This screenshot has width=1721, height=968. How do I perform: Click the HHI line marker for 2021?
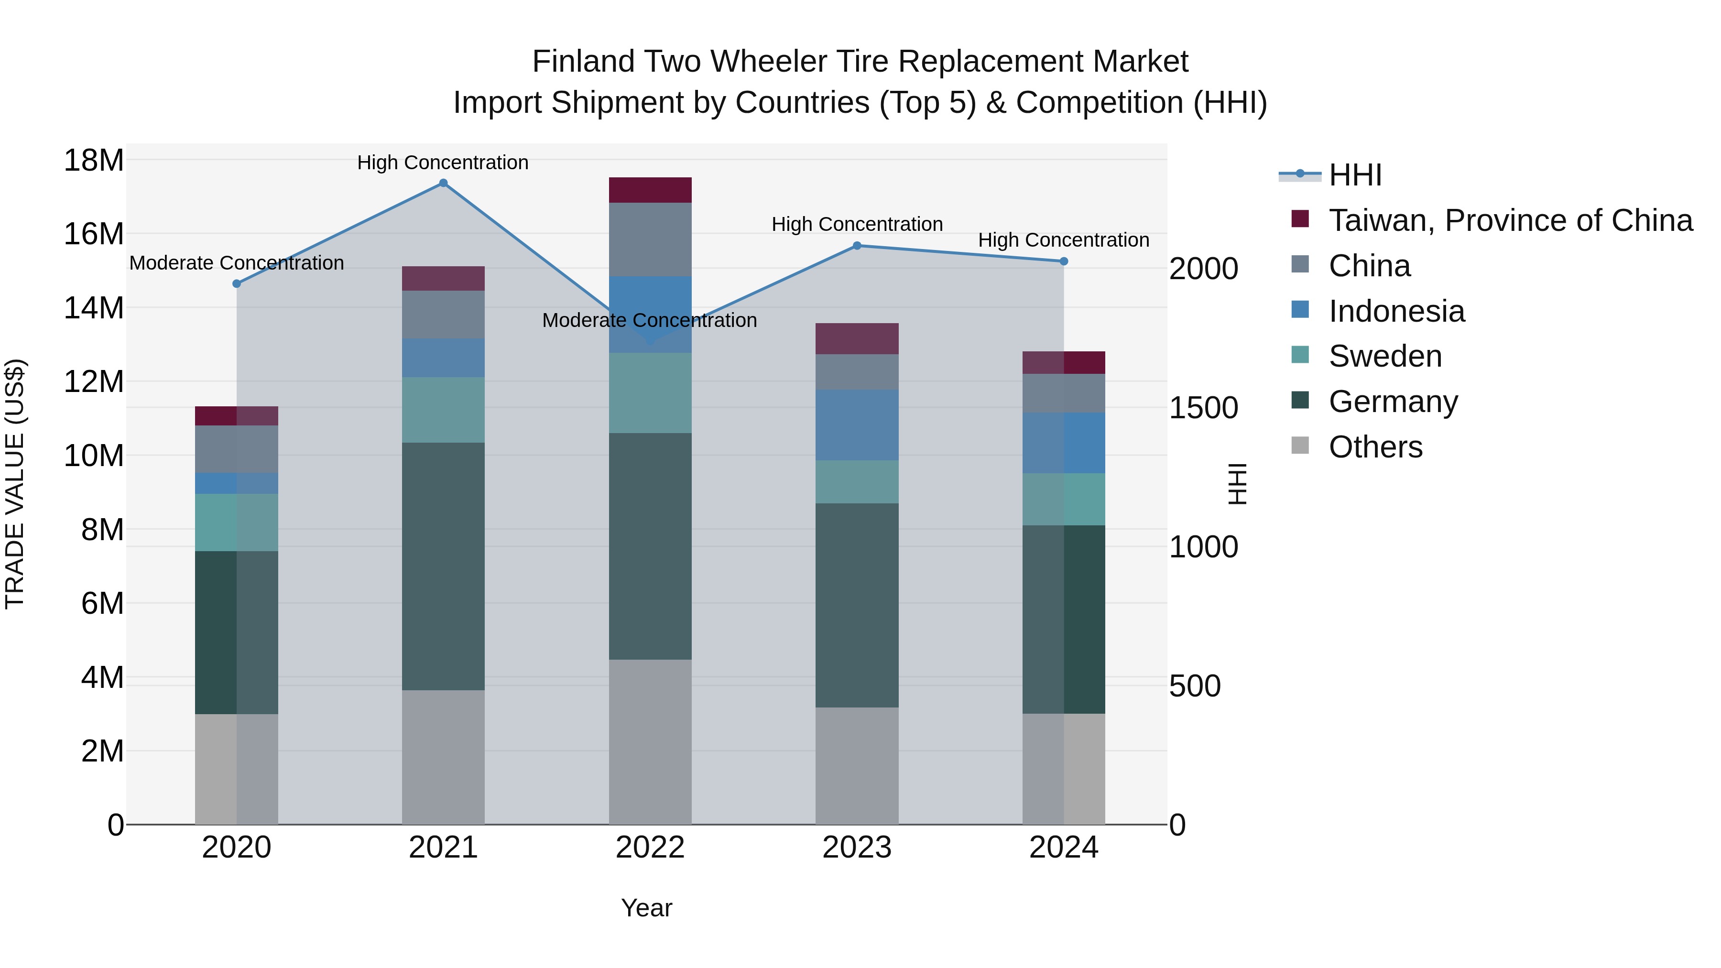click(x=443, y=183)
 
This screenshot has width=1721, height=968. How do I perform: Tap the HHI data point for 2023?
click(x=857, y=246)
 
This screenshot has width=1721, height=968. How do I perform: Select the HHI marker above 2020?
click(x=237, y=284)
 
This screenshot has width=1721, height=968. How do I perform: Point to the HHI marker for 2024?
click(x=1064, y=261)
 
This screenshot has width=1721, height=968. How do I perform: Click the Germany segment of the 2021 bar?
click(x=443, y=566)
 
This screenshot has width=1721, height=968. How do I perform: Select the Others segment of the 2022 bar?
click(x=650, y=741)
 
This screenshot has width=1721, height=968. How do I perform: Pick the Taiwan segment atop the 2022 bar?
click(x=650, y=190)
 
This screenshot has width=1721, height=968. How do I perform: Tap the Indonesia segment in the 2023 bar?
click(x=857, y=425)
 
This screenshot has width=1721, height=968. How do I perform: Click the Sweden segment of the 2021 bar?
click(x=443, y=410)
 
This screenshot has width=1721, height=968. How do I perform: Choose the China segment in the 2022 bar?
click(x=650, y=239)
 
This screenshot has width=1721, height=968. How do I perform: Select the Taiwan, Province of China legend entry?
click(x=1510, y=220)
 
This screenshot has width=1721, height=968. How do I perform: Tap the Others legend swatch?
click(x=1300, y=446)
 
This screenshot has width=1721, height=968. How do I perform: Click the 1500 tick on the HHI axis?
click(x=1203, y=408)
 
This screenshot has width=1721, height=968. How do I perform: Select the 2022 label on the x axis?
click(x=650, y=848)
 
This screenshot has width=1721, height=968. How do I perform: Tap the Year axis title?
click(x=646, y=908)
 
